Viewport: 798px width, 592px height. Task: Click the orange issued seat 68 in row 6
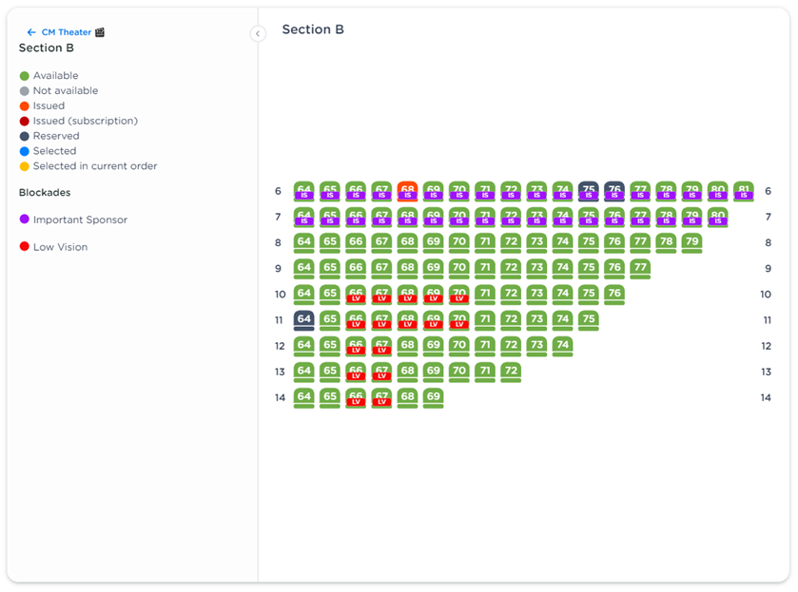(x=407, y=191)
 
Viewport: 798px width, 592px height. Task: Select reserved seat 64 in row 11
(x=303, y=320)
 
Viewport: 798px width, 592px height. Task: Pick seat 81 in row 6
(x=743, y=191)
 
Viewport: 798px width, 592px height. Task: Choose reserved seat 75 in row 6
(x=589, y=191)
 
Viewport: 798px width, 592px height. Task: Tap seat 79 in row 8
(x=691, y=242)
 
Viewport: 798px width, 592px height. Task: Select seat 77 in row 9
(x=640, y=268)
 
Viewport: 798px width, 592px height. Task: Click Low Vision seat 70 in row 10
(x=458, y=295)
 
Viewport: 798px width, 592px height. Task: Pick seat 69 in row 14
(x=433, y=397)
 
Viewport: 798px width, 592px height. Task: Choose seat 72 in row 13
(x=510, y=372)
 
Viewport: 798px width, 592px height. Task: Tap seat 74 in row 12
(x=562, y=346)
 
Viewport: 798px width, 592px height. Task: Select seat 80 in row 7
(x=717, y=217)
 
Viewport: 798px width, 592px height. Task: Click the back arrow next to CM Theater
(x=31, y=32)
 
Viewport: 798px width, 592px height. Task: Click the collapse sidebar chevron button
(x=258, y=33)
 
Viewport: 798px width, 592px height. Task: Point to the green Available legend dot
(x=25, y=76)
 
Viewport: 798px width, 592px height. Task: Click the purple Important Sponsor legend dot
(x=25, y=220)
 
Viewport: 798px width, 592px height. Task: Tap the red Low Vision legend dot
(x=25, y=247)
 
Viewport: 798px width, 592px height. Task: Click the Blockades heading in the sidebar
(x=45, y=193)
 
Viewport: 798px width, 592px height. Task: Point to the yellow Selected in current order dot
(x=25, y=166)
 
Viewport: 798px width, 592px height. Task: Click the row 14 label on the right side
(x=766, y=397)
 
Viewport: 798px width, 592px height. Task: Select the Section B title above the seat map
(x=313, y=29)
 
